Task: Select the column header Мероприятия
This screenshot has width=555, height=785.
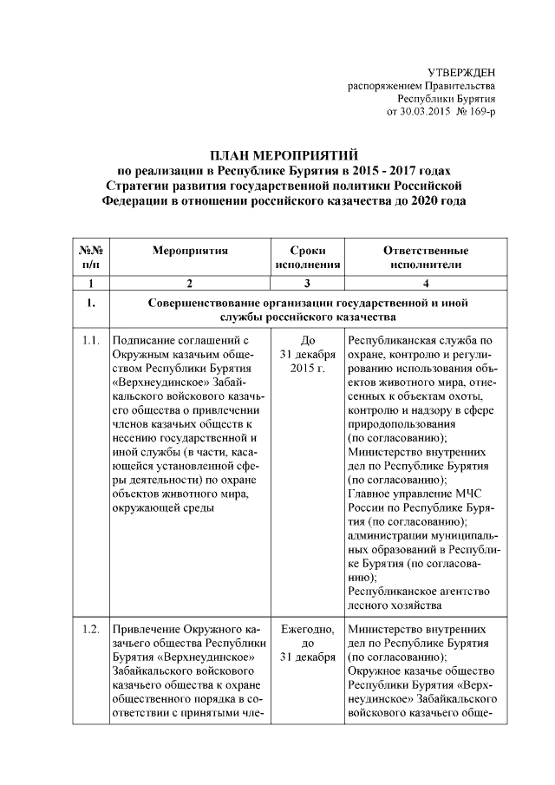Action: (x=189, y=251)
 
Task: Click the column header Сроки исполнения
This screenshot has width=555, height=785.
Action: (x=308, y=258)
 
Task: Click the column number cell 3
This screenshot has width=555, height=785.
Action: (x=307, y=284)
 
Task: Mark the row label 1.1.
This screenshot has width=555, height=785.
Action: (x=91, y=341)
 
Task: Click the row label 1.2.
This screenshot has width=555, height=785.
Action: (x=91, y=629)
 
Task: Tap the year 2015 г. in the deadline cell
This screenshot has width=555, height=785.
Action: (x=307, y=369)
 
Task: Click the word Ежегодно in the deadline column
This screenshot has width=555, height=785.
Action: (x=308, y=629)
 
